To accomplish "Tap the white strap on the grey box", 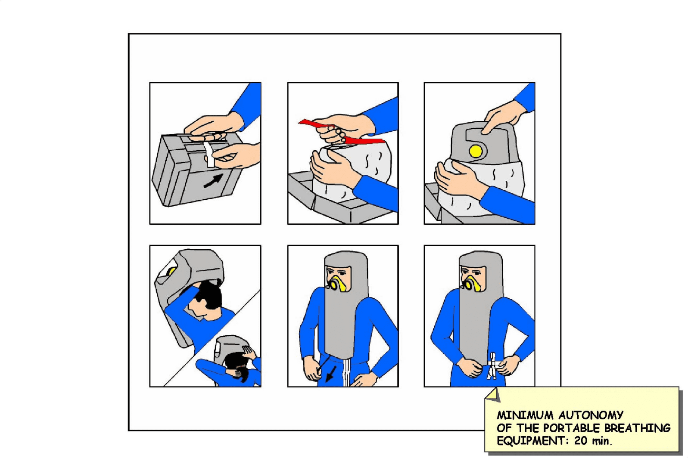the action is click(x=209, y=154).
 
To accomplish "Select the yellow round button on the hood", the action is click(x=476, y=151).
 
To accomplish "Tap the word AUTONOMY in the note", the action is click(x=591, y=415).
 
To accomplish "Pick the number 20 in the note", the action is click(x=580, y=441).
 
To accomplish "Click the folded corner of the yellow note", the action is click(x=492, y=394).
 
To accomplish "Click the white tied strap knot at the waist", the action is click(x=492, y=366).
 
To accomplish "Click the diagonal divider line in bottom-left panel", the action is click(x=212, y=338).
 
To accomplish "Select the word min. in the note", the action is click(x=601, y=441).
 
